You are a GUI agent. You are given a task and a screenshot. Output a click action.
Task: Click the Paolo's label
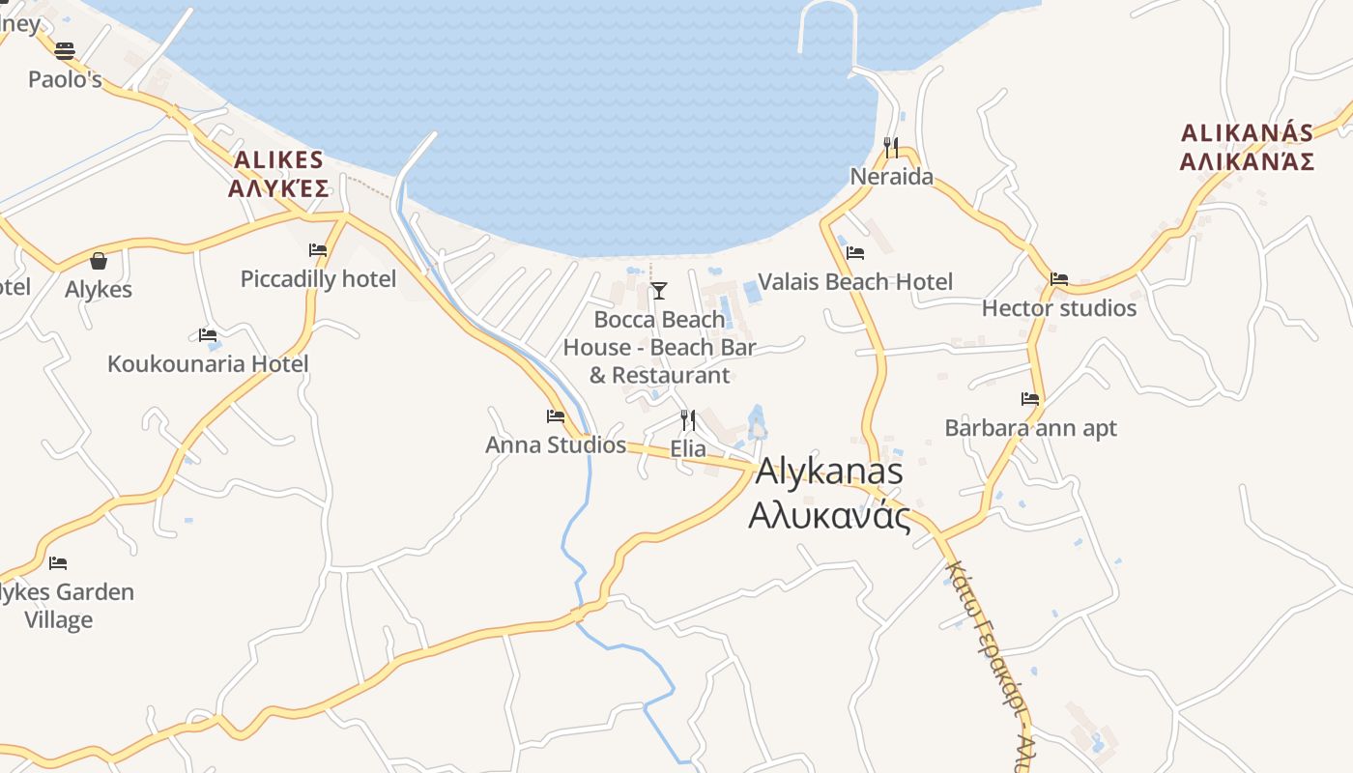65,79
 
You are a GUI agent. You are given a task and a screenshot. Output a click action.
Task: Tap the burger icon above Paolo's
65,50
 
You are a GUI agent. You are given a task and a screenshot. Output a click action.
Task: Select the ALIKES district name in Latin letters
278,159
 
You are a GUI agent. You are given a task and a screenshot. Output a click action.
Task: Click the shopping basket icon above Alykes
99,261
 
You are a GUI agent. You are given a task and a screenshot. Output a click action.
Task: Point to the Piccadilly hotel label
318,279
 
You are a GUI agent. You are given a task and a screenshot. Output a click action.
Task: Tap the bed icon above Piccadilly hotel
318,250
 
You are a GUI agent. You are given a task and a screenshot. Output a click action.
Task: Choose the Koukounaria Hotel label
208,364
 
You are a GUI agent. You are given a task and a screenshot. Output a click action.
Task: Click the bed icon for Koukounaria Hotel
208,335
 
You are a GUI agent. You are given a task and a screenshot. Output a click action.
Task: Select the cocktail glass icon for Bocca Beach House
659,291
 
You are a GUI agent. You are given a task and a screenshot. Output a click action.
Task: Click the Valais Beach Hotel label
855,281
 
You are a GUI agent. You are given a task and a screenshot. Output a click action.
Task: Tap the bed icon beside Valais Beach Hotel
855,253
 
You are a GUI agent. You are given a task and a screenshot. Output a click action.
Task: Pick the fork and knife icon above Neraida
891,148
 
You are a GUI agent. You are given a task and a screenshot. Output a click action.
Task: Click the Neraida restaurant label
891,177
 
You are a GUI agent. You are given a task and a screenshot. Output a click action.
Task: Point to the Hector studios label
1059,308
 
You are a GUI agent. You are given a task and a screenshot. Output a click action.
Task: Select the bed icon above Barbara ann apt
1030,398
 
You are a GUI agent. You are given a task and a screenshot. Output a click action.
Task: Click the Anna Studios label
556,445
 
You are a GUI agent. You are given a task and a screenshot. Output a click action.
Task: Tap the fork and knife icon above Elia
688,420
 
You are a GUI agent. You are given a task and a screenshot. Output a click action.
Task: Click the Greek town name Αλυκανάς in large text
830,516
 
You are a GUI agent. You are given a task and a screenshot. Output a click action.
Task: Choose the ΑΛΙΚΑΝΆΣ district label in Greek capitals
1247,160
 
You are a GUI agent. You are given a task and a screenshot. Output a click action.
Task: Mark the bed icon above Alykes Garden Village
58,562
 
